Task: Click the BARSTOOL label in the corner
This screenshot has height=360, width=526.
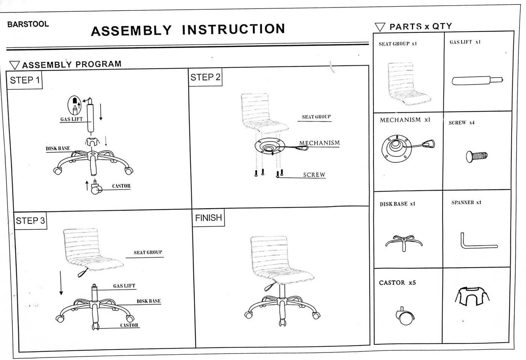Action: coord(28,24)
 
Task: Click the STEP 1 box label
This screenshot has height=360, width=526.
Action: coord(25,80)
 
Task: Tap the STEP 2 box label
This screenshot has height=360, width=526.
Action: coord(205,78)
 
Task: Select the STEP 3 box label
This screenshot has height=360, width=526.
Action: coord(30,221)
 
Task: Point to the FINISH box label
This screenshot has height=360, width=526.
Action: coord(209,218)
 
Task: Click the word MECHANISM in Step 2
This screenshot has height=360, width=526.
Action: coord(319,143)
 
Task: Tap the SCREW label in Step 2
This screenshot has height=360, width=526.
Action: coord(314,175)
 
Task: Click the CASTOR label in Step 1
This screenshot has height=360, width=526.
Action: coord(121,186)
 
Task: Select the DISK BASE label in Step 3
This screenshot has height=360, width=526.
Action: coord(148,301)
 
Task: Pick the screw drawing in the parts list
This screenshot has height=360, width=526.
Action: coord(476,155)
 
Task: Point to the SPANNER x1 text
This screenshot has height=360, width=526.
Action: coord(466,203)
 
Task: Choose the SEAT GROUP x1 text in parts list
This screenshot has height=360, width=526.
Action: coord(398,44)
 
